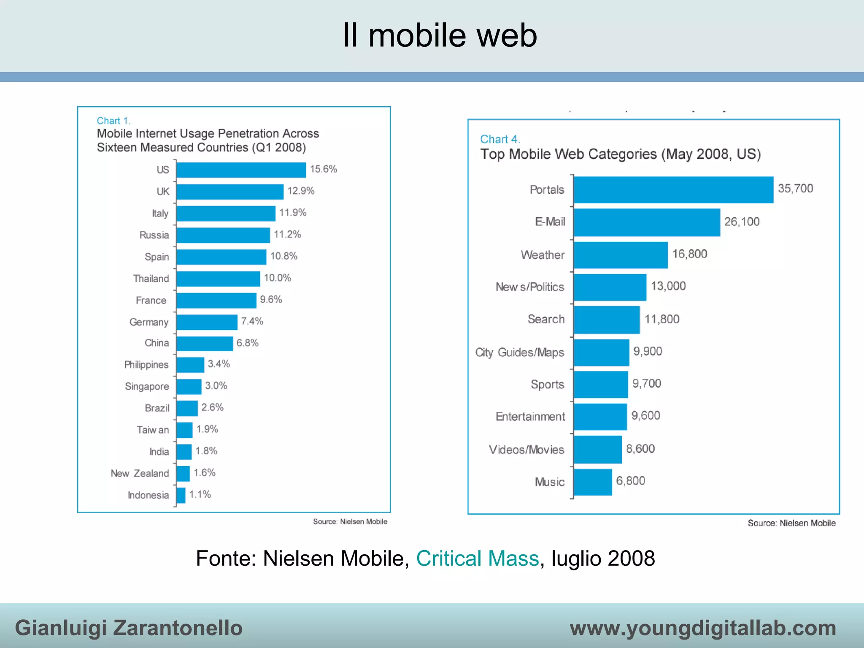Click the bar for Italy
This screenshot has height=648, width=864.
(226, 213)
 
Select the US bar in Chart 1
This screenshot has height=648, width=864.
(241, 170)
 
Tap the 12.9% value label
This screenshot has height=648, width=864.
(301, 191)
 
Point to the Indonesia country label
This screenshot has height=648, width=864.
(148, 495)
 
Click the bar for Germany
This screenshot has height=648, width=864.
(207, 322)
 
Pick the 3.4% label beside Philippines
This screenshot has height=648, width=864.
(219, 364)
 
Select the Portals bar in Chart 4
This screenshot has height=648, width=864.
(673, 190)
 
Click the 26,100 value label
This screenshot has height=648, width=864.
(742, 222)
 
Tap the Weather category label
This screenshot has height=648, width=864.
(543, 255)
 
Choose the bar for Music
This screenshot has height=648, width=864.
(593, 482)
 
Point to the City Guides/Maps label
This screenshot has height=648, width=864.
(519, 352)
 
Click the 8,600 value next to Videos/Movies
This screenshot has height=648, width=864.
(640, 449)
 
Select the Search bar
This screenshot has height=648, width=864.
(607, 320)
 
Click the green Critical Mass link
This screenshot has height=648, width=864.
(478, 559)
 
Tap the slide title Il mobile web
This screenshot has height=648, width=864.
(440, 35)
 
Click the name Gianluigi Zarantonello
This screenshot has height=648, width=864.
(129, 628)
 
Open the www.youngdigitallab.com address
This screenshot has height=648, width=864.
(703, 628)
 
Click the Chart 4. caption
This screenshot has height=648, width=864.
(500, 139)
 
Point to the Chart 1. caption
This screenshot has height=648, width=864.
(113, 121)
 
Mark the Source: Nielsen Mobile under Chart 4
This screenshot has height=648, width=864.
(791, 523)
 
